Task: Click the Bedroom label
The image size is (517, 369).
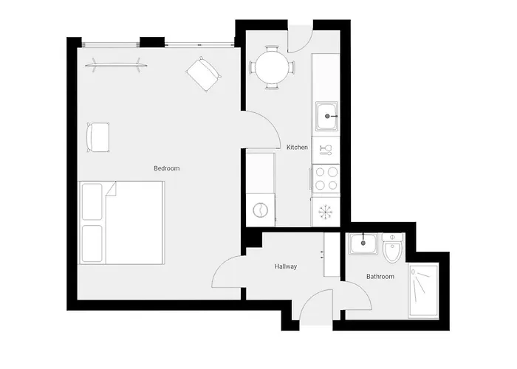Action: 166,169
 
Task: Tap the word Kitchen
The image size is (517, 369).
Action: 297,148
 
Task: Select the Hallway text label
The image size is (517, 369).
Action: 285,266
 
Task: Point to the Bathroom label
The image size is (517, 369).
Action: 380,277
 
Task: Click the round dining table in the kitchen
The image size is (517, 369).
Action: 272,68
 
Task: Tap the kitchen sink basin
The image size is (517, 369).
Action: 326,116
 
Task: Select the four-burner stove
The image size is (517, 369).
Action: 326,177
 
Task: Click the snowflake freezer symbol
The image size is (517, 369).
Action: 326,213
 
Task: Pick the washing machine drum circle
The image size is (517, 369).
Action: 261,210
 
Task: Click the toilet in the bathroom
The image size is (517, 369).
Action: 391,251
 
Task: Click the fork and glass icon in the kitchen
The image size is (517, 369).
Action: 325,151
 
